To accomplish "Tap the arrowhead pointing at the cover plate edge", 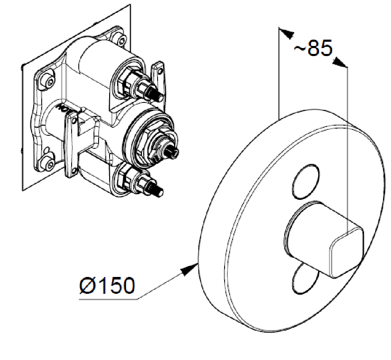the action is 189,269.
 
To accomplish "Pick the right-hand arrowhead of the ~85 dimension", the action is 339,62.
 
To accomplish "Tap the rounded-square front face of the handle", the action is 347,252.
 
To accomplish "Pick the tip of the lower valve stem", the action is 160,193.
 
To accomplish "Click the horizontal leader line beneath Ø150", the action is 108,299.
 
